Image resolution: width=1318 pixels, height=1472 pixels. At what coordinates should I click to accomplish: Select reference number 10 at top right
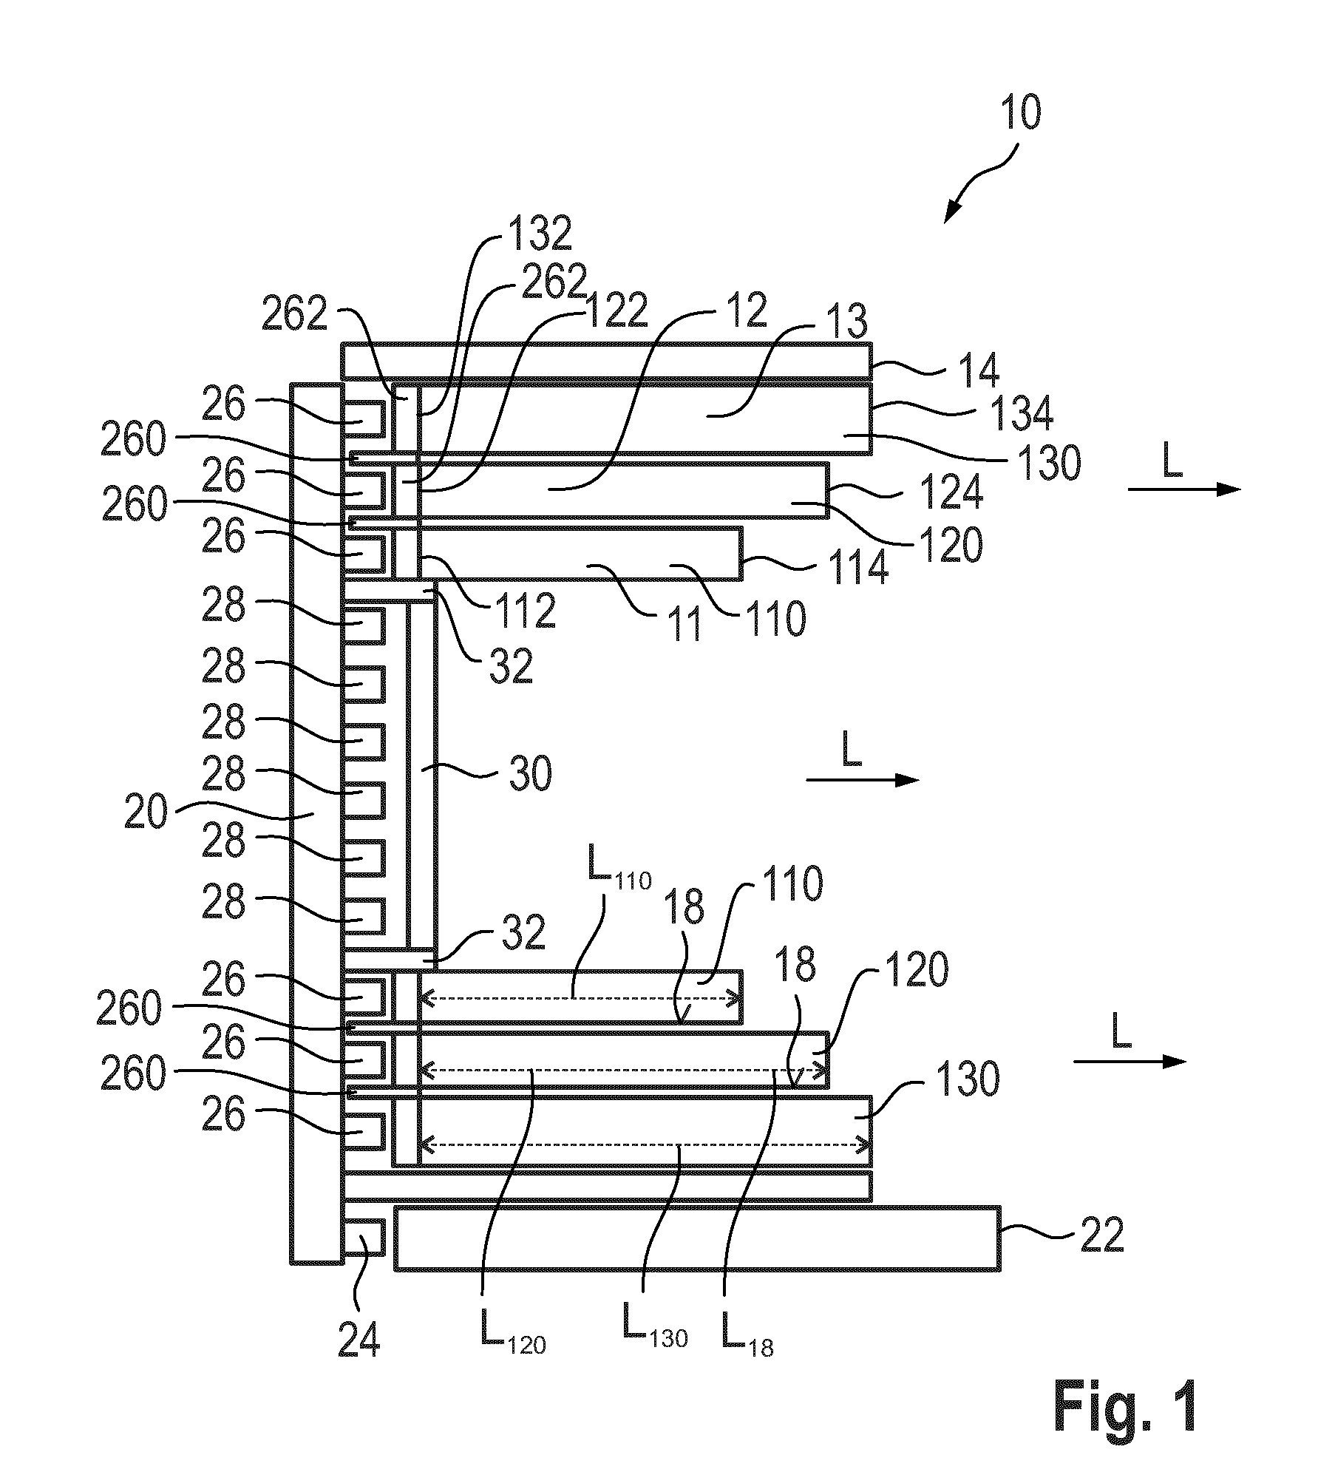[x=1020, y=114]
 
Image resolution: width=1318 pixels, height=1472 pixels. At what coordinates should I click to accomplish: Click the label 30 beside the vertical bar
[x=529, y=775]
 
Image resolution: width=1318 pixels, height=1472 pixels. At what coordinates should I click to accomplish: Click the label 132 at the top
[x=538, y=234]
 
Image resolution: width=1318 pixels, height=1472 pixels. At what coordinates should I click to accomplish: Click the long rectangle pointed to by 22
[x=697, y=1239]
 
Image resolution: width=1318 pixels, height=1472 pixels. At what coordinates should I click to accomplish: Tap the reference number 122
[x=615, y=310]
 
